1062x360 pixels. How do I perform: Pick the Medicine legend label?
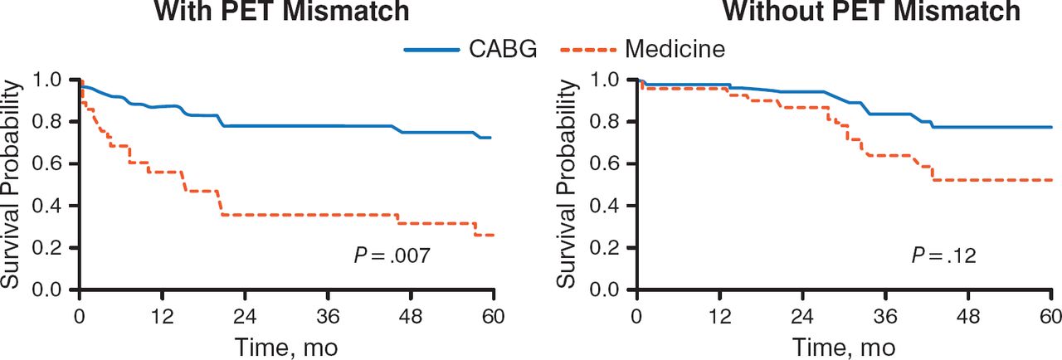[x=675, y=50]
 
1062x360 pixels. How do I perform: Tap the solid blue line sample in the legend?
[x=431, y=51]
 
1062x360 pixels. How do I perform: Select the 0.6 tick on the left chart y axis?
[x=53, y=164]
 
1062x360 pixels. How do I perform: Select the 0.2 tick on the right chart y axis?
[x=611, y=248]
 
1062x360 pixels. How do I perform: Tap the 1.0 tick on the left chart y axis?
[x=53, y=80]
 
